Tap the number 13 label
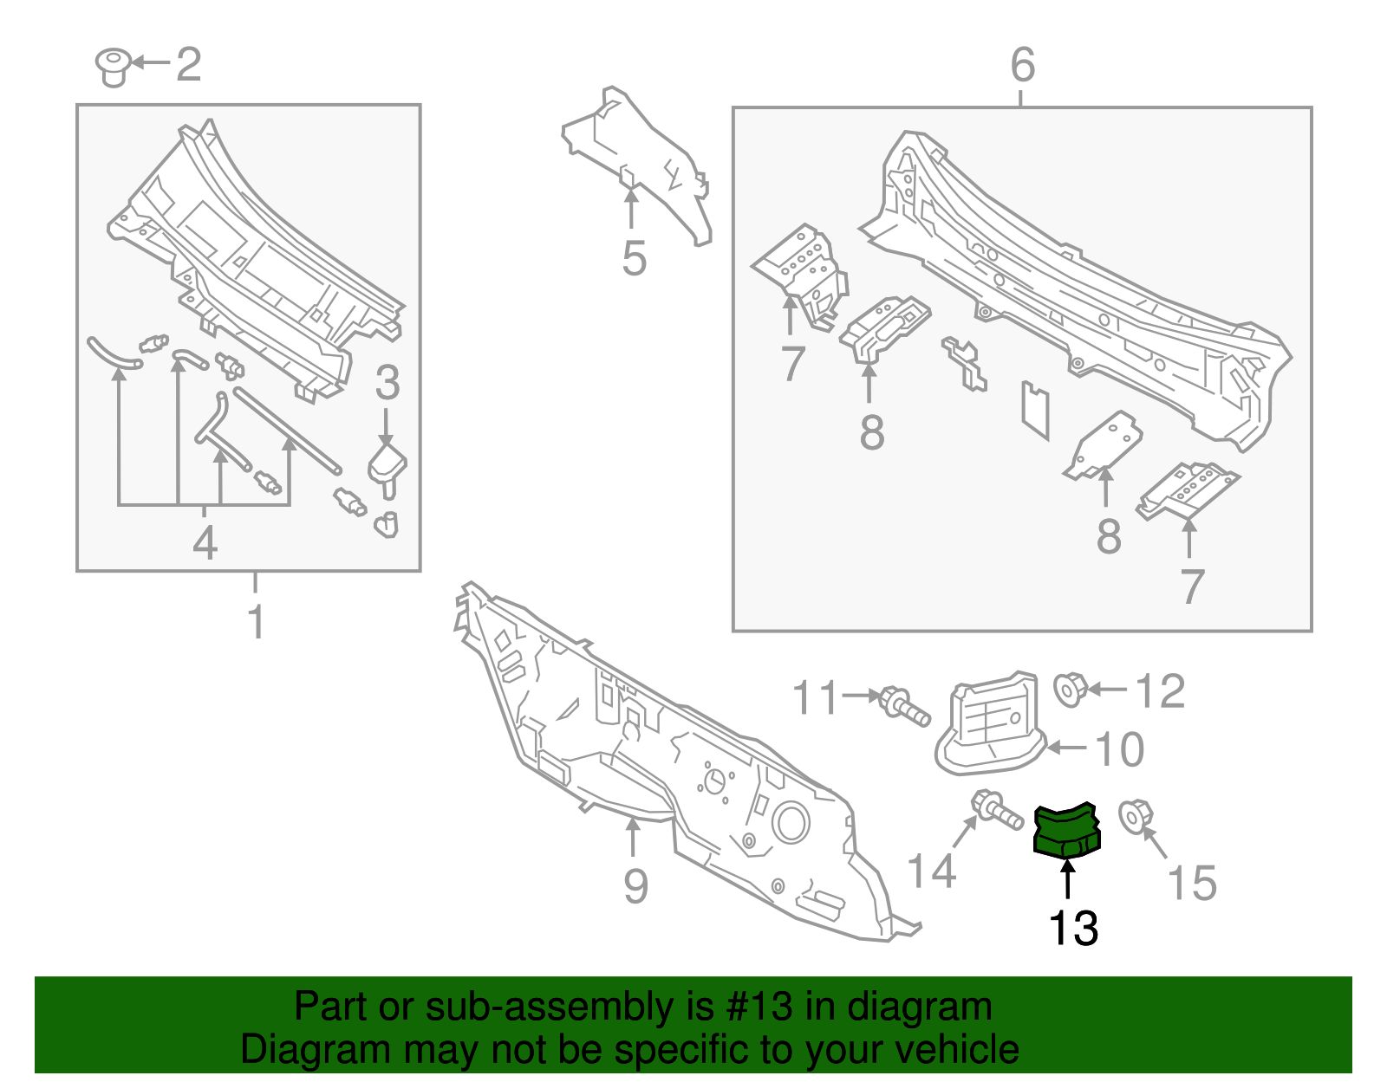[x=1073, y=928]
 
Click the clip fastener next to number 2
[x=113, y=67]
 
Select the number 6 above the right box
[x=1023, y=65]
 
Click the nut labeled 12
[x=1071, y=689]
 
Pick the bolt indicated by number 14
[x=996, y=810]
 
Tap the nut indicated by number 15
[x=1135, y=816]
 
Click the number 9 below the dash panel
[x=635, y=886]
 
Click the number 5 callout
[x=634, y=258]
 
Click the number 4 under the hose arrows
[x=205, y=543]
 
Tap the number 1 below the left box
[x=256, y=621]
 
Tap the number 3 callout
[x=387, y=383]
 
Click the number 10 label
[x=1120, y=749]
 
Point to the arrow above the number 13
[x=1068, y=878]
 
